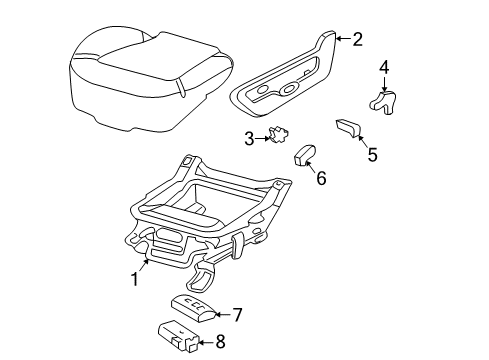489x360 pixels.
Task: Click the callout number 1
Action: coord(135,279)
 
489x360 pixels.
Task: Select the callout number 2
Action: coord(357,39)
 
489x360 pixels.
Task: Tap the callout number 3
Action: coord(249,139)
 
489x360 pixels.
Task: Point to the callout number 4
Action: coord(384,68)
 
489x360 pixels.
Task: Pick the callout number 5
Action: coord(372,155)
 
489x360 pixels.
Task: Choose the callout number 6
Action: coord(321,178)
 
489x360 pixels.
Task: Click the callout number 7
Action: coord(237,315)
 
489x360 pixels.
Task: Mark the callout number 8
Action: coord(220,342)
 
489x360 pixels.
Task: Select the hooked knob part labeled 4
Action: coord(383,102)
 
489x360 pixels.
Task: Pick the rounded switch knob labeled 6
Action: coord(305,155)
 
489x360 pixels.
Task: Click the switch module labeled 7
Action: coord(194,309)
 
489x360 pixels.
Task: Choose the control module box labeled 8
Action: coord(178,336)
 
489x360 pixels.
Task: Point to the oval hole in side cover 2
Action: coord(289,88)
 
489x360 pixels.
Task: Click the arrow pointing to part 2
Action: coord(343,39)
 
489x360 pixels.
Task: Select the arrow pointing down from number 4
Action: coord(384,84)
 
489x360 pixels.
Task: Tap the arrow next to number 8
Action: coord(206,342)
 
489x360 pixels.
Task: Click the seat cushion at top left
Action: coord(151,78)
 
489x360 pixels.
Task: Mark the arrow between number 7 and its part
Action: coord(222,314)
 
